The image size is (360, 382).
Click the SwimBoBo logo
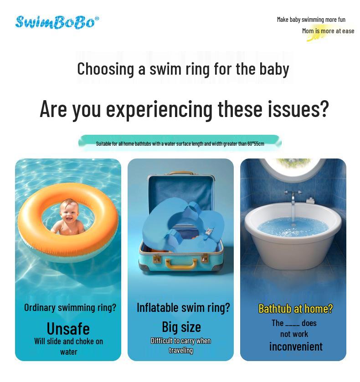[57, 22]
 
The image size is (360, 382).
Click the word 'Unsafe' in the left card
[68, 328]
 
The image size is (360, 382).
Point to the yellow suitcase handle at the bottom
[181, 264]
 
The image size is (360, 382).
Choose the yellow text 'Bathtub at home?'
[295, 309]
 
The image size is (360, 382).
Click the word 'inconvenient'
[295, 346]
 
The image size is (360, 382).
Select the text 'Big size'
[181, 327]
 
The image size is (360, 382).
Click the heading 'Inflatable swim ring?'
[183, 308]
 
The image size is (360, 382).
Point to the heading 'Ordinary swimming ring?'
[70, 308]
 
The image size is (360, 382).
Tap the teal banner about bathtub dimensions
[180, 143]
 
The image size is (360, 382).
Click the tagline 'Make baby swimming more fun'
[311, 20]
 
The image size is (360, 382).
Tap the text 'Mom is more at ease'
[328, 31]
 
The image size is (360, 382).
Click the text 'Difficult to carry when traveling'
[180, 346]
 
